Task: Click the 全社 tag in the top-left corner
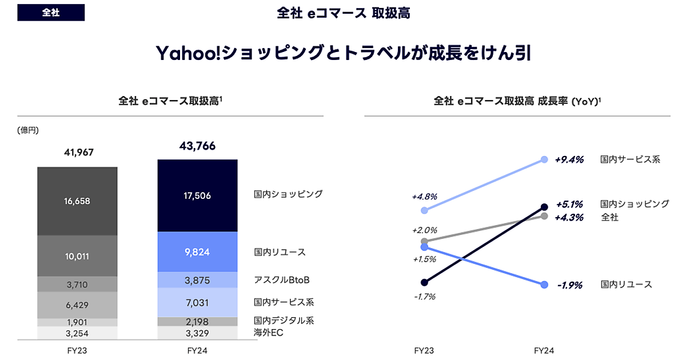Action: [x=51, y=13]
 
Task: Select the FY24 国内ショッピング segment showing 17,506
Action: [x=197, y=195]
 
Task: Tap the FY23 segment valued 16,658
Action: [x=77, y=201]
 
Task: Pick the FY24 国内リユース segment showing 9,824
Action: [x=197, y=251]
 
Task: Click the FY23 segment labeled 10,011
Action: [x=77, y=256]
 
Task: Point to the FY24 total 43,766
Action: [x=197, y=146]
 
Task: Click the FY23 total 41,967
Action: [x=77, y=152]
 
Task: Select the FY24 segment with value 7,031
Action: [x=197, y=302]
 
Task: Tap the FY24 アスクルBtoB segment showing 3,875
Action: [x=197, y=280]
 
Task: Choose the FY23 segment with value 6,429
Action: [x=77, y=305]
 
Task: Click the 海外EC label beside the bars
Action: [x=269, y=332]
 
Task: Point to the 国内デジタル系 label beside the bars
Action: [x=284, y=321]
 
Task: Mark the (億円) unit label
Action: [x=28, y=130]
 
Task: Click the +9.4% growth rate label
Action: [x=569, y=160]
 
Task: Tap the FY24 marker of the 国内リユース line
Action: [x=544, y=285]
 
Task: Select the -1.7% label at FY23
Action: [x=424, y=297]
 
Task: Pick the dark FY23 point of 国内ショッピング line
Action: [x=424, y=282]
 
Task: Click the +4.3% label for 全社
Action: [x=569, y=218]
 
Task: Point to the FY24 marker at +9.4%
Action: [x=544, y=160]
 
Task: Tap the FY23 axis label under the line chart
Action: [x=424, y=350]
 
